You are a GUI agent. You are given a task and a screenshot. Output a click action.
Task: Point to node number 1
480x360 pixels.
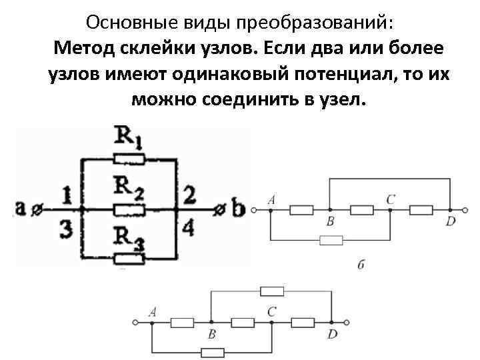point(65,196)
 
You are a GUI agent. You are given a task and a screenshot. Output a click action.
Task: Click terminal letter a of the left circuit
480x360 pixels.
point(21,208)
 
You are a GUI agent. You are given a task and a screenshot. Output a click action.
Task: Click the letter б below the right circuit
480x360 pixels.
point(360,265)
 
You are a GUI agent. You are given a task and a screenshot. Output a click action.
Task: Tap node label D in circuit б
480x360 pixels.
point(451,221)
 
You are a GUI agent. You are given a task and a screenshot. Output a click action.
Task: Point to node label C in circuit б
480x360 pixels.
point(390,198)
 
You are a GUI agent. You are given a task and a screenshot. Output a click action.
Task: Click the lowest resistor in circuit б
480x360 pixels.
point(331,239)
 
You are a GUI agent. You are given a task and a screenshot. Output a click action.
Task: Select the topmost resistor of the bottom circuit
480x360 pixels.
point(271,290)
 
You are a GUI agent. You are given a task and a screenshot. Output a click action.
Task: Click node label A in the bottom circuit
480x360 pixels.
point(154,311)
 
